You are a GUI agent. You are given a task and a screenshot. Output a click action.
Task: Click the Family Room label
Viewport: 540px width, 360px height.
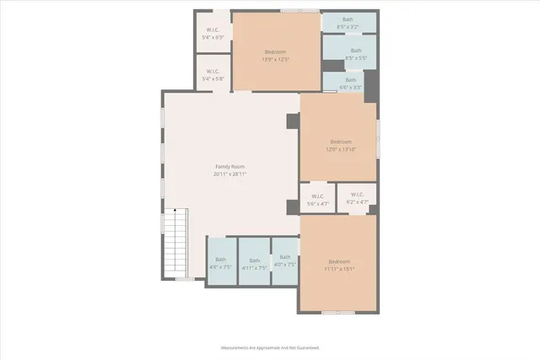[230, 168]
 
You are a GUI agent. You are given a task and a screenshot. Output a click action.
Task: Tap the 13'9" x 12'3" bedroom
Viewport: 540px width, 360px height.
[276, 56]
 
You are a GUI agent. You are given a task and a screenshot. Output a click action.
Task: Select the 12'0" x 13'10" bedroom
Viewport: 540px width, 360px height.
[340, 144]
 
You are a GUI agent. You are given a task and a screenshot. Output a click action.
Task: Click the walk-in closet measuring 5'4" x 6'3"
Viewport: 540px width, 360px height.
[213, 34]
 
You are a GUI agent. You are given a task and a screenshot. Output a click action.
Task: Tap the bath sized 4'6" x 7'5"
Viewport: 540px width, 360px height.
[220, 263]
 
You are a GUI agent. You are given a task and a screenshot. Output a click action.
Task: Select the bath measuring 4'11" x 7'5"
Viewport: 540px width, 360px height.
[254, 263]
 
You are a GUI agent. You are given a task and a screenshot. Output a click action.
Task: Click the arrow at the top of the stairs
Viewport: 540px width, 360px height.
[175, 212]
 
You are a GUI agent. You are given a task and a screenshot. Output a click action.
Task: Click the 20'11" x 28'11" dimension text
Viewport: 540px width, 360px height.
[230, 175]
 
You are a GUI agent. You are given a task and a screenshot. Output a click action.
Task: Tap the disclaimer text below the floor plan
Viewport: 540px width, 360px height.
[270, 347]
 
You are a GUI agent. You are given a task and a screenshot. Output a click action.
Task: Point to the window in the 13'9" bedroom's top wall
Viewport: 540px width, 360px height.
[295, 11]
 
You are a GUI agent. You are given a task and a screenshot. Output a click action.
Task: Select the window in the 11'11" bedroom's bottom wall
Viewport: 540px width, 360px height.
[337, 312]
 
